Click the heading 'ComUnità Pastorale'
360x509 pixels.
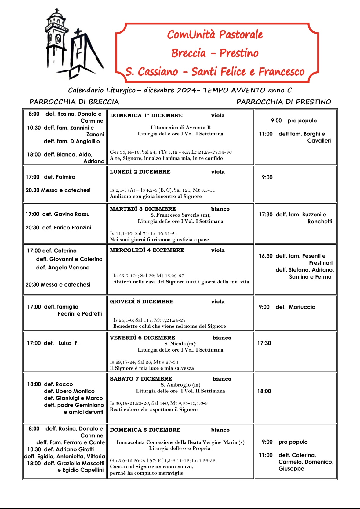(215, 34)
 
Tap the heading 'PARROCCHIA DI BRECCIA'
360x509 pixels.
(74, 102)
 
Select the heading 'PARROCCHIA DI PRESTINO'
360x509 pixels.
(283, 102)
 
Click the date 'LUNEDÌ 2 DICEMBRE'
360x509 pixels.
(140, 172)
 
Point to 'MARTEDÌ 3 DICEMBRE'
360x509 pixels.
(143, 209)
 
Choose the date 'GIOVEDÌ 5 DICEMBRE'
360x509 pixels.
(142, 302)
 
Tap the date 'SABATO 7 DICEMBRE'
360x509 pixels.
(141, 379)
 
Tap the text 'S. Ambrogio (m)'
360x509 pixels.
(180, 385)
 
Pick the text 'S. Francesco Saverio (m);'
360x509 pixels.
(180, 215)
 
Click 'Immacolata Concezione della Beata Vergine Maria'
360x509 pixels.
(180, 442)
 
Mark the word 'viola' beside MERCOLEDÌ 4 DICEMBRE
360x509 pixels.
(217, 251)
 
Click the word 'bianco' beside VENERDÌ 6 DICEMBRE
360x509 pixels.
(222, 338)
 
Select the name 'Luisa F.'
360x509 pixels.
(68, 343)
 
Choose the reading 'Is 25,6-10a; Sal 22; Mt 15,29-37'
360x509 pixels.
(148, 276)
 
